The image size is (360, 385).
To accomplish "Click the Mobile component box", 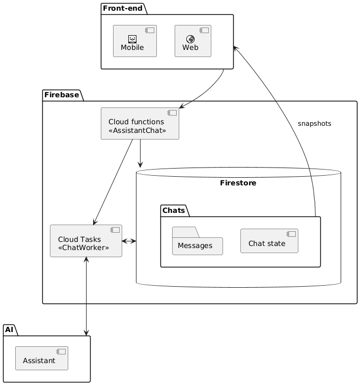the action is tap(135, 41).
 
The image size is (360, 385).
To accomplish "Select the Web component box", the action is tap(193, 41).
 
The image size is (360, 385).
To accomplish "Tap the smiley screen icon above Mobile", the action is tap(132, 39).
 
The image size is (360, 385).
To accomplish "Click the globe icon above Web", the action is tap(190, 39).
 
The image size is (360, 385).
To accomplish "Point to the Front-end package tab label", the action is tap(123, 8).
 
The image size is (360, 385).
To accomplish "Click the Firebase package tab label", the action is tap(62, 95).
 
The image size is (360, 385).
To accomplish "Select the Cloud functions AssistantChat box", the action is tap(140, 124).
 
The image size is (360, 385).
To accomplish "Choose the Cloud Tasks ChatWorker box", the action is tap(86, 241).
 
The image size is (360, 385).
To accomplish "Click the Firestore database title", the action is tap(238, 183).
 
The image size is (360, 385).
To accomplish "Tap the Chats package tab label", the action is tap(174, 210).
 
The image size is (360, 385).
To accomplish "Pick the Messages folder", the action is tap(198, 241).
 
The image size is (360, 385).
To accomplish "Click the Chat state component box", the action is tap(269, 241).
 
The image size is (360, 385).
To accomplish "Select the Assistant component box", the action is tap(42, 358).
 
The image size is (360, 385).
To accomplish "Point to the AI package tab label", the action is tap(9, 329).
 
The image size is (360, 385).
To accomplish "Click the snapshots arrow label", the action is tap(314, 124).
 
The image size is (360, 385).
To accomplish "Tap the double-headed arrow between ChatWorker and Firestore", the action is tap(129, 241).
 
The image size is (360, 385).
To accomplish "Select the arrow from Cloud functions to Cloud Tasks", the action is tap(113, 182).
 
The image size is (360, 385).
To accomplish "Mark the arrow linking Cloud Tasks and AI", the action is tap(86, 296).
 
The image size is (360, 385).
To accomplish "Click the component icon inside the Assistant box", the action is tap(61, 351).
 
